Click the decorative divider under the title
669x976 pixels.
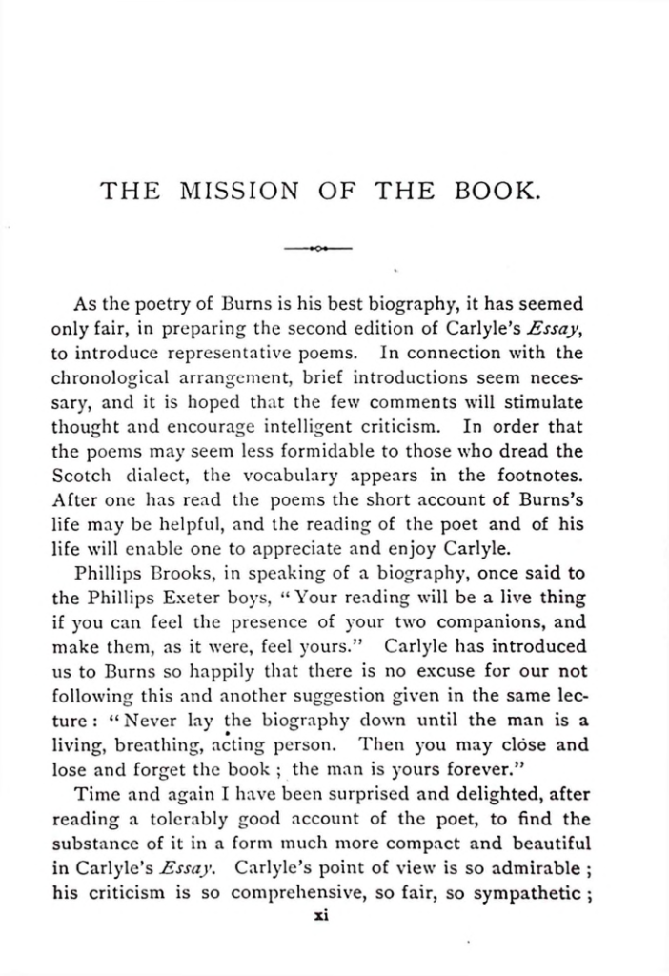(318, 248)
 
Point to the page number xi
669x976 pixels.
(321, 917)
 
